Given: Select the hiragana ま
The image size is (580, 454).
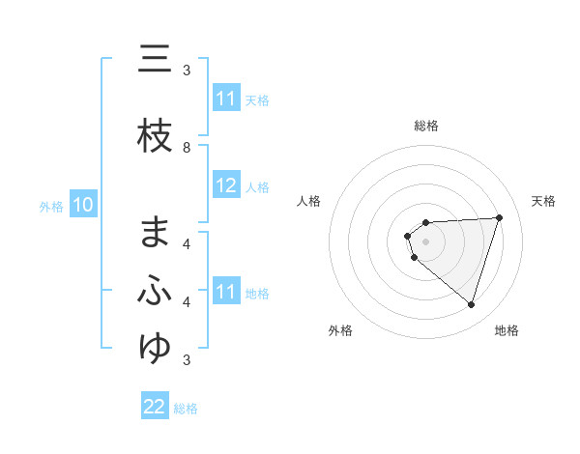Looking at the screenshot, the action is point(155,234).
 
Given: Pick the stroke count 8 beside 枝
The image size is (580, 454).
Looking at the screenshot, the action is point(187,147).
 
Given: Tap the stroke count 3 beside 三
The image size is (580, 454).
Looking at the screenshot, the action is point(187,70).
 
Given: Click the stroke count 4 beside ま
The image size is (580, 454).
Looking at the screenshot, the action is point(187,243).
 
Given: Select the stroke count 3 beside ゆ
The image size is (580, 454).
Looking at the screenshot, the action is point(187,360).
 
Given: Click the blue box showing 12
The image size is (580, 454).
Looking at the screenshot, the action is point(226,186).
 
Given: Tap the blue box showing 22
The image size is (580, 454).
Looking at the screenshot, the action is point(155,407).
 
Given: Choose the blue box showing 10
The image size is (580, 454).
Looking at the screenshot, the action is point(83,205).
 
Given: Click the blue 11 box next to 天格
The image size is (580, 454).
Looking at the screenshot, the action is point(226,99).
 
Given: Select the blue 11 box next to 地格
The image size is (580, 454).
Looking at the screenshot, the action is point(226,292).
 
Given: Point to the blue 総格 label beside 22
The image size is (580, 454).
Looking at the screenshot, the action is point(186,409).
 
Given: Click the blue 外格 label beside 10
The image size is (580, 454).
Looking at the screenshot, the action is point(51,207).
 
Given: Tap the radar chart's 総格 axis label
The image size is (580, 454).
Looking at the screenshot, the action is point(426,126).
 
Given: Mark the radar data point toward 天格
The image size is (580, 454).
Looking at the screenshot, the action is point(499,217).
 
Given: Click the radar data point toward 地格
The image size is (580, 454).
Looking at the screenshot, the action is point(471,304).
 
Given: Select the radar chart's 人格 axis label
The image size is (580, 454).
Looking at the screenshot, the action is point(309,201).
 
